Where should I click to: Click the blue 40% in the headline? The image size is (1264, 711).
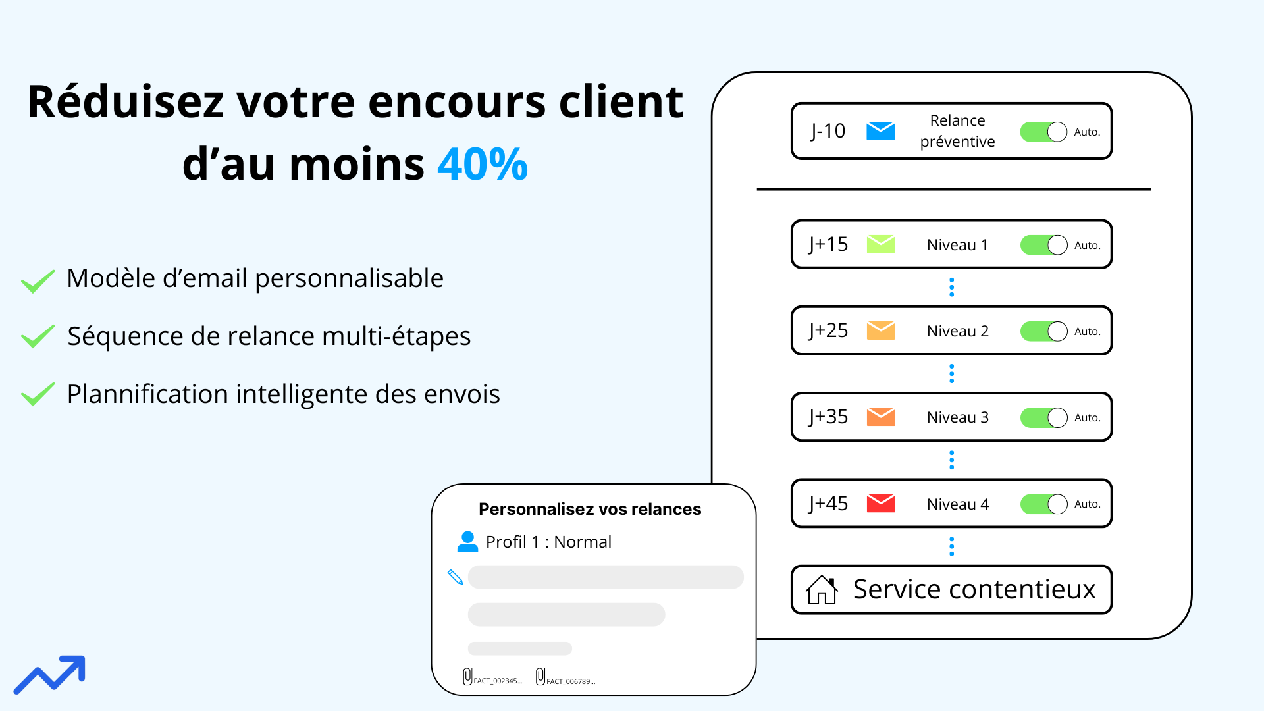point(483,164)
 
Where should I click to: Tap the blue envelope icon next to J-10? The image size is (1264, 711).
point(880,131)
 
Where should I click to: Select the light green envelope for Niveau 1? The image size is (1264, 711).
point(880,244)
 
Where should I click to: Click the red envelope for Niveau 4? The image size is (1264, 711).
point(880,504)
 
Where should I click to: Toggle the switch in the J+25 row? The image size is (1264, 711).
point(1043,331)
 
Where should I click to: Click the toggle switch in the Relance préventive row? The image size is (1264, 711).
point(1043,132)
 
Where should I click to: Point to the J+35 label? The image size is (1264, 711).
point(828,417)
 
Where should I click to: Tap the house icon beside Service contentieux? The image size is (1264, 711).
point(822,590)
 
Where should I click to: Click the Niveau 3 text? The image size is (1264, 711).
point(957,417)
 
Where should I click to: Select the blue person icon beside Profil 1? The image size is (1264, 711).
point(467,541)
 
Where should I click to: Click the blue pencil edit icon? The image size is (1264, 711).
point(455,577)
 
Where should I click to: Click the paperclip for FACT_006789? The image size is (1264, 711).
point(540,677)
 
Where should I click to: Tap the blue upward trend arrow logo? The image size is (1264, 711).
point(50,674)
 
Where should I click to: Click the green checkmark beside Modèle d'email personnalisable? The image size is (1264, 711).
point(38,281)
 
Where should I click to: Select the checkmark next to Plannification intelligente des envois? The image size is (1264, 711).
point(38,394)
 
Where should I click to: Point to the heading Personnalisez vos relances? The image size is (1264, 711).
point(590,509)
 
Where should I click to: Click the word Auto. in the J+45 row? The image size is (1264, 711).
point(1087,504)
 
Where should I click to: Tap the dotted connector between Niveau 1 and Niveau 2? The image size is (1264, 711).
point(951,287)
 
